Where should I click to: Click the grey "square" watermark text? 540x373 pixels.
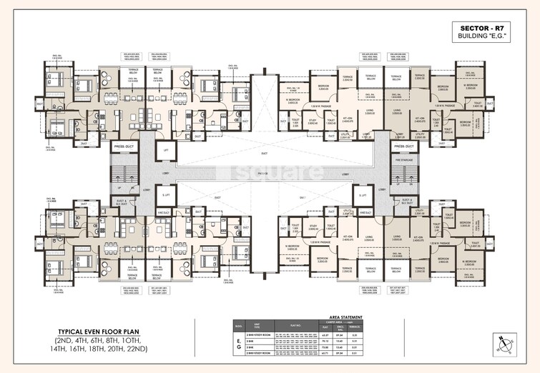pos(270,174)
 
